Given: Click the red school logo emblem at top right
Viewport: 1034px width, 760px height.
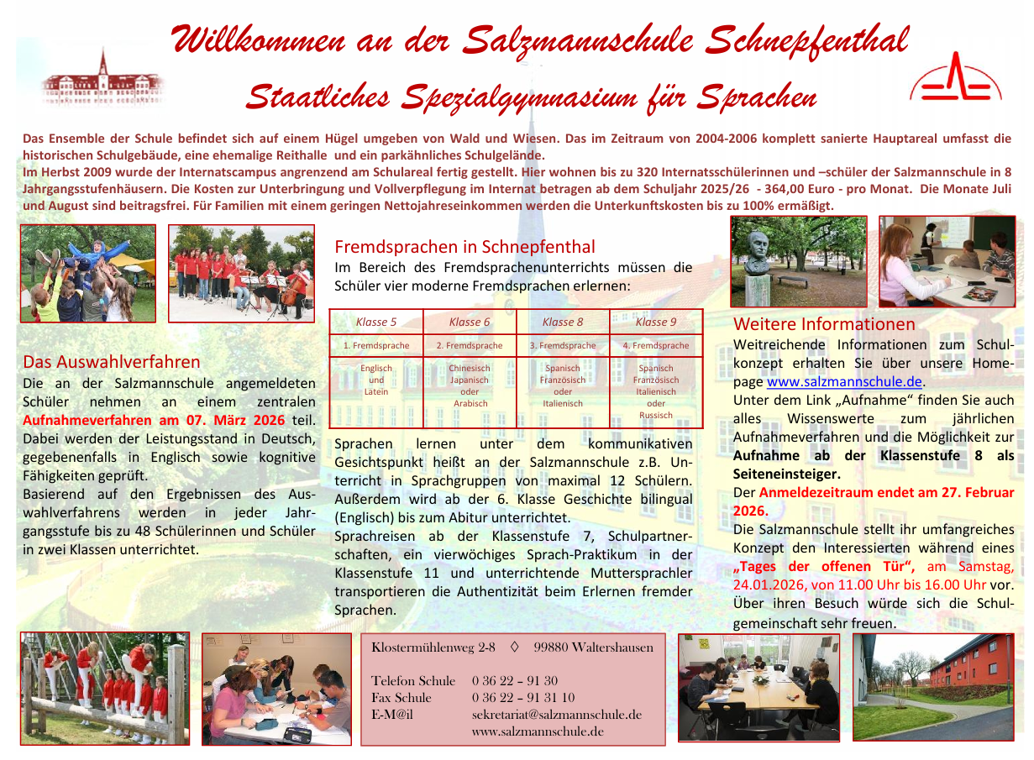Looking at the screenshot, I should [955, 79].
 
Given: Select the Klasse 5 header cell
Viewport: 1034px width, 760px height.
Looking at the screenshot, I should [376, 322].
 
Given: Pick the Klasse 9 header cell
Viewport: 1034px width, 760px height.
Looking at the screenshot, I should [656, 322].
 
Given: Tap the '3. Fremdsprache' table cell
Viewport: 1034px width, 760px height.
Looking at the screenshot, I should [563, 345].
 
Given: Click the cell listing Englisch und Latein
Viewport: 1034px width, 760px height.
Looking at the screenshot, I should [376, 380].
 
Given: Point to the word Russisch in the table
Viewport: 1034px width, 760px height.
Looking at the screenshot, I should [656, 415].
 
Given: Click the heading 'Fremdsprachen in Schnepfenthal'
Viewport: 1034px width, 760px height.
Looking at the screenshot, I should [465, 247].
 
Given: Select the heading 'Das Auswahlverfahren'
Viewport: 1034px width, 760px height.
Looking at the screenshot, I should [112, 362].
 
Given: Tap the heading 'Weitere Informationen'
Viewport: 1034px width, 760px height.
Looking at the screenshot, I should [824, 324].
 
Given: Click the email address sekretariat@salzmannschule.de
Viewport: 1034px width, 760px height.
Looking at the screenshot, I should [557, 715].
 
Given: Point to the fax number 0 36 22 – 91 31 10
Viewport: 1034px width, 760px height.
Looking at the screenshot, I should [523, 698].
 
